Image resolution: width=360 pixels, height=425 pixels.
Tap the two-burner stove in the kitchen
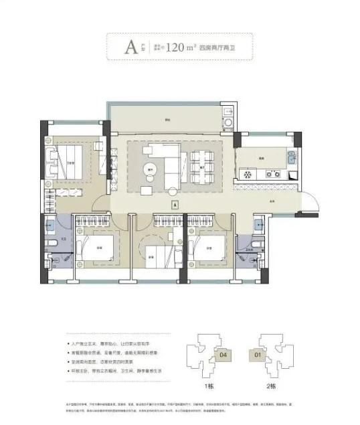272,174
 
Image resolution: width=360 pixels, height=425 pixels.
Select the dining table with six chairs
200,162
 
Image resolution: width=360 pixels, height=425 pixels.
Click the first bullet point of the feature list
114,342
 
